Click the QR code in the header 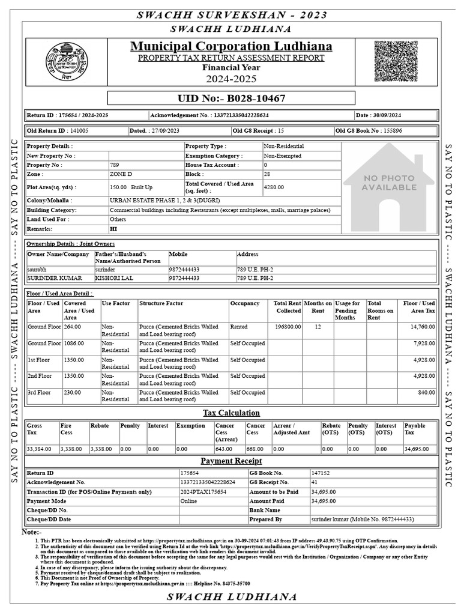click(x=396, y=62)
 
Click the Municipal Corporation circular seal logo click(x=67, y=62)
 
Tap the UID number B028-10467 click(x=231, y=98)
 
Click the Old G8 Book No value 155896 click(x=390, y=130)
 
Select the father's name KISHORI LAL click(x=111, y=278)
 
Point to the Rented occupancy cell click(x=239, y=327)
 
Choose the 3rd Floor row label click(x=39, y=393)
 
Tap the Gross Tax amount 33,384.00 click(x=40, y=449)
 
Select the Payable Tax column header click(x=415, y=429)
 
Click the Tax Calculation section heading click(x=231, y=413)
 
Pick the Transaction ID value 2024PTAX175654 click(x=203, y=492)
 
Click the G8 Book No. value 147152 click(x=321, y=473)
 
